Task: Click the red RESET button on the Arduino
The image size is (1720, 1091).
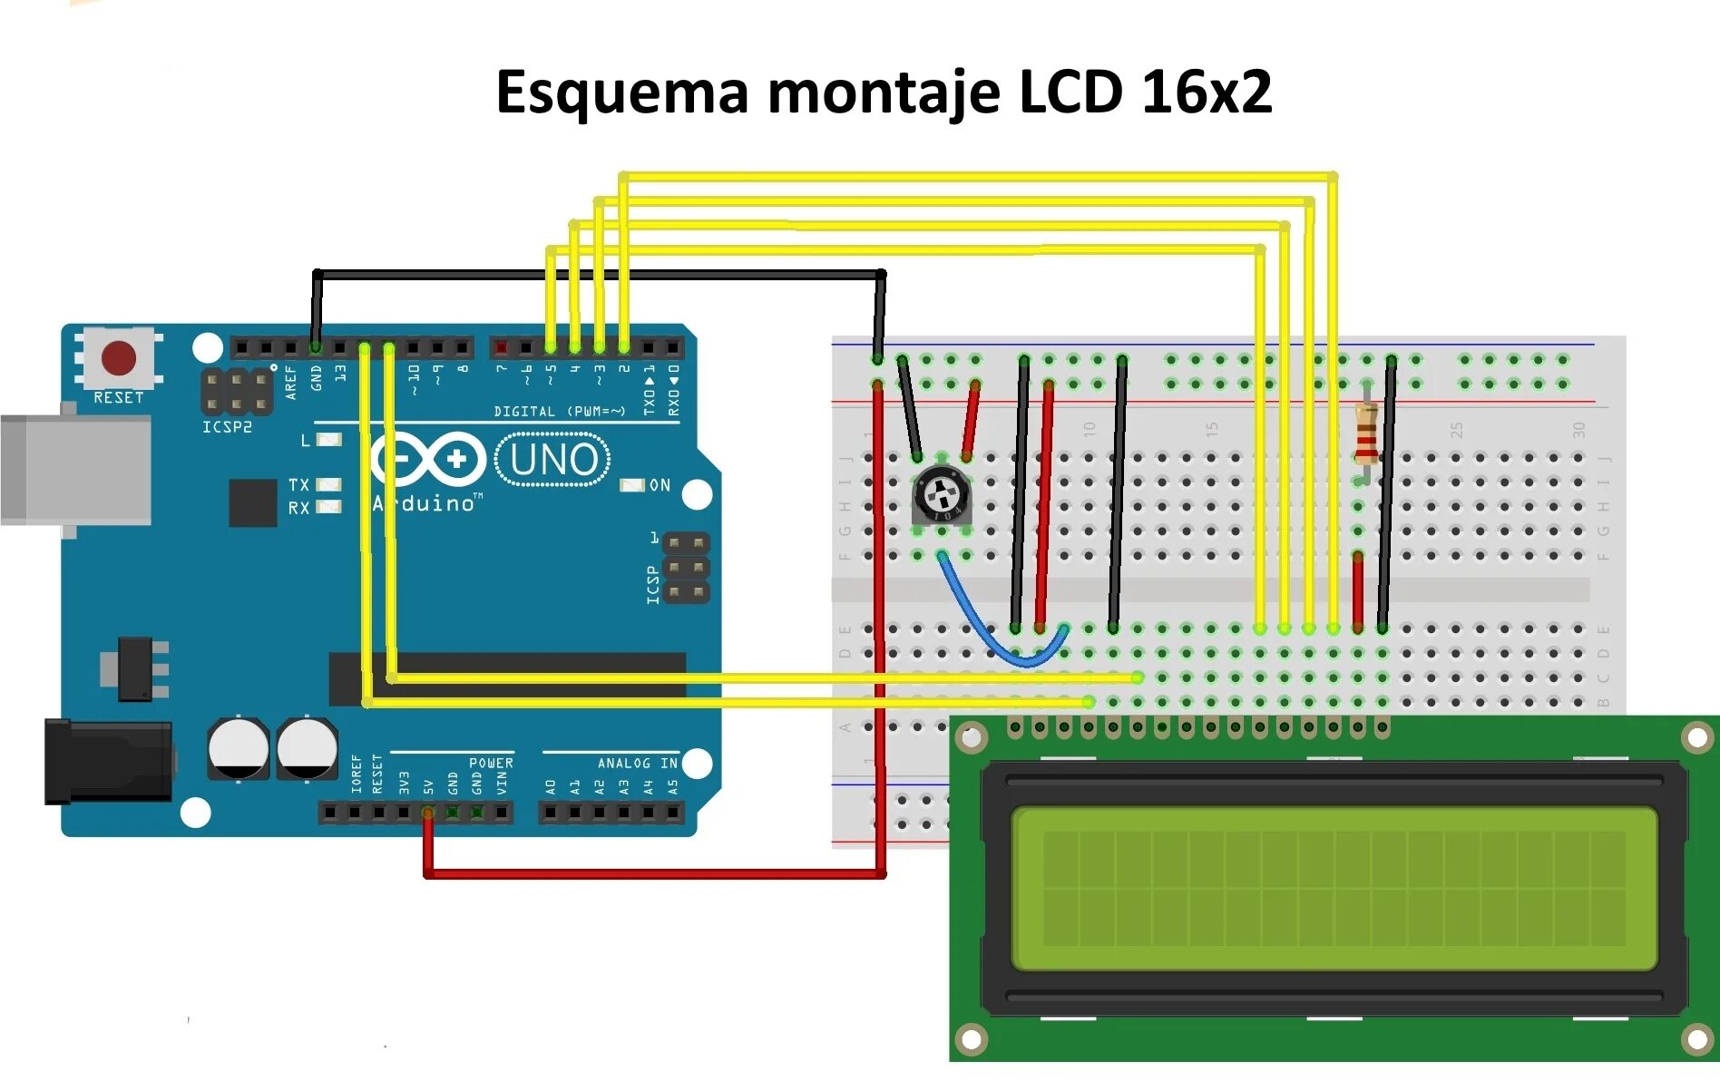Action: [x=119, y=358]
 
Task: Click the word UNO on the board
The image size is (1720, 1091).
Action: [x=553, y=460]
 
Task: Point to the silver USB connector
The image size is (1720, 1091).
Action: [x=76, y=469]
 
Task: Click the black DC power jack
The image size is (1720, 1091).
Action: [x=109, y=761]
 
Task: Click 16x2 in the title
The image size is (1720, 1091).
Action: [x=1207, y=93]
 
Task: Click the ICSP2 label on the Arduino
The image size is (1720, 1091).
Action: [x=227, y=427]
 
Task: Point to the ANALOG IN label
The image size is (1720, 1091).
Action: [x=637, y=764]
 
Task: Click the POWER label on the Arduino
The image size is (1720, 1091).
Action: [x=491, y=764]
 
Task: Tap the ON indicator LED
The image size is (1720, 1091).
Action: [x=631, y=486]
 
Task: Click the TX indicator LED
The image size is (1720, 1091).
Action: [x=327, y=484]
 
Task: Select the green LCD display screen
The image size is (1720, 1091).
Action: [x=1334, y=889]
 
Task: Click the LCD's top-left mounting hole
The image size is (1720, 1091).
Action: [x=971, y=737]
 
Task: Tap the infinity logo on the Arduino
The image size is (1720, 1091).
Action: [x=427, y=460]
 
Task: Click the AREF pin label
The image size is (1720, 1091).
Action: [x=291, y=382]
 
